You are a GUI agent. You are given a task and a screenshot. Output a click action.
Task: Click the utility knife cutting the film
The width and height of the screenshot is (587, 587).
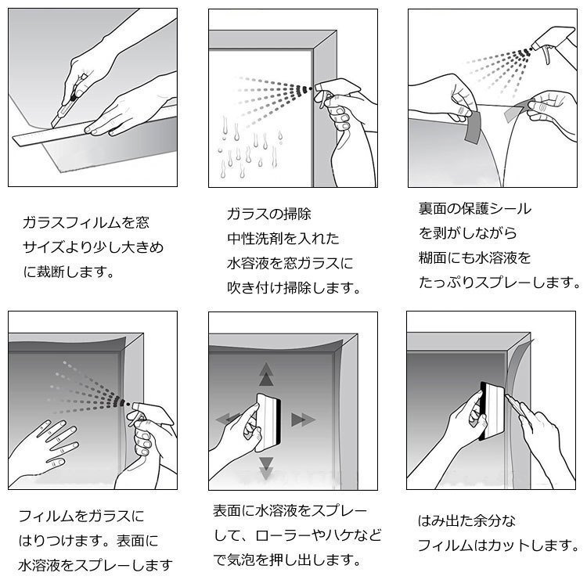[x=63, y=110]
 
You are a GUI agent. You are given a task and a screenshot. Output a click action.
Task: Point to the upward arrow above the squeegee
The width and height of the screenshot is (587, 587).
[x=267, y=374]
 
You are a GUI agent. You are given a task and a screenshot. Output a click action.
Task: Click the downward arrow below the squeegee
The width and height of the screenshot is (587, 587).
[x=267, y=467]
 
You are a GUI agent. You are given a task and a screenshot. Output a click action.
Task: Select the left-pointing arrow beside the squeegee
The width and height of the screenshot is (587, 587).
[x=227, y=418]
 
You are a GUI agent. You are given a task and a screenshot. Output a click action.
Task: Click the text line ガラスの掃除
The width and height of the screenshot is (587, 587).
[x=257, y=214]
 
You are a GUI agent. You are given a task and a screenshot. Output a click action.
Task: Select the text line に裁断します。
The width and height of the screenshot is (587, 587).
[x=68, y=272]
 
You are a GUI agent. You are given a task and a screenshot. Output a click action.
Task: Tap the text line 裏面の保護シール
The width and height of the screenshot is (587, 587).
[x=474, y=209]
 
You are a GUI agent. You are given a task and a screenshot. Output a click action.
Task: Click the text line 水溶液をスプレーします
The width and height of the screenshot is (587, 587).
[x=95, y=564]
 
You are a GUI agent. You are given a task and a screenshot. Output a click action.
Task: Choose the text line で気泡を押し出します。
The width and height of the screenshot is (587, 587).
[x=286, y=560]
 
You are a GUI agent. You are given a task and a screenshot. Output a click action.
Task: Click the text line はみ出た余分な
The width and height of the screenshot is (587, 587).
[x=466, y=521]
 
